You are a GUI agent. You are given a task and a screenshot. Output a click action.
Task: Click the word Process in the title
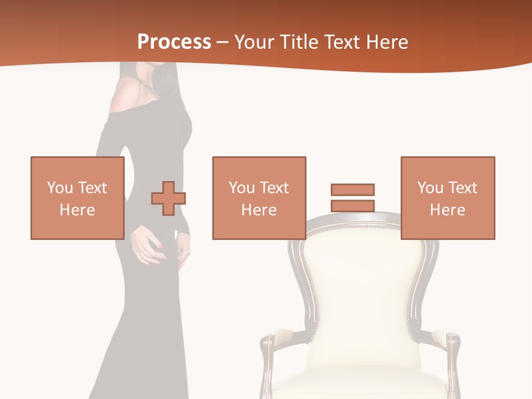point(174,42)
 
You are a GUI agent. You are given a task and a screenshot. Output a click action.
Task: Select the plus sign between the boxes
point(168,198)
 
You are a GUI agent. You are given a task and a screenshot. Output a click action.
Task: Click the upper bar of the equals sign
point(352,190)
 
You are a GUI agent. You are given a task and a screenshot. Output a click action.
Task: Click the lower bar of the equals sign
point(352,206)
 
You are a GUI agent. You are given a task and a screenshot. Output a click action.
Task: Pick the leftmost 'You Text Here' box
point(77,198)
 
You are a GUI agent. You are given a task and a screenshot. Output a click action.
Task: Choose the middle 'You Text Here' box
point(259,198)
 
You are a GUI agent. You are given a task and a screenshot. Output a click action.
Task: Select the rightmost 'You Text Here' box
point(448,198)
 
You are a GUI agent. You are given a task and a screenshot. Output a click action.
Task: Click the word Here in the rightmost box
point(448,210)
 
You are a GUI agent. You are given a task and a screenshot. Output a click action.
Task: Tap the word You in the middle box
point(242,188)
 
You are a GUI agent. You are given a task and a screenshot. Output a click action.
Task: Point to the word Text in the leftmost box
point(92,188)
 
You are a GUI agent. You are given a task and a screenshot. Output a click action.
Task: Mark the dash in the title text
point(222,42)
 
